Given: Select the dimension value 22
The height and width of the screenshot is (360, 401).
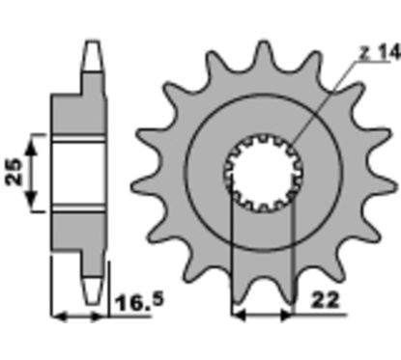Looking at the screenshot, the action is (x=326, y=301).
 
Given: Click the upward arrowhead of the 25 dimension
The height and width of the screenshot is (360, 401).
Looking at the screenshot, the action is (x=31, y=148).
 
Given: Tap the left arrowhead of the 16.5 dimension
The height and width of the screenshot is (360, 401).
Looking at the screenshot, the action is (x=60, y=317).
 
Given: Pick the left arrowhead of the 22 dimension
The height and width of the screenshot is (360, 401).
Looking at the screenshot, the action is (x=239, y=316).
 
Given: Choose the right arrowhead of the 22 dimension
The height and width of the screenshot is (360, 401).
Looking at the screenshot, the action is (x=287, y=316).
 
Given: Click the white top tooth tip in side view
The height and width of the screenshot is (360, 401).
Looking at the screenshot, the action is (x=93, y=55).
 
